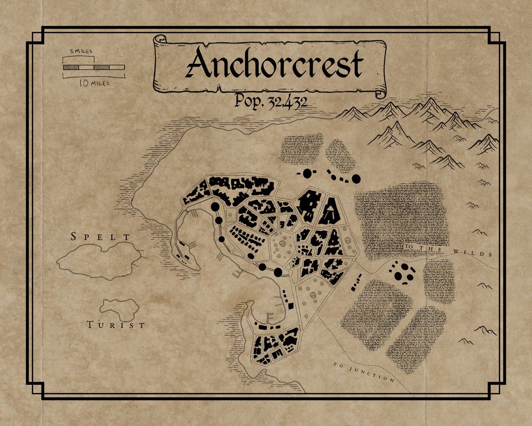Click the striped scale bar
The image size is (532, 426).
pos(94,67)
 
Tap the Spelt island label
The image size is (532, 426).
pos(102,237)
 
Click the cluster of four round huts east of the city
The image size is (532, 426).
pos(403,272)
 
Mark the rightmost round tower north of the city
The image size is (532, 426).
pos(356,179)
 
